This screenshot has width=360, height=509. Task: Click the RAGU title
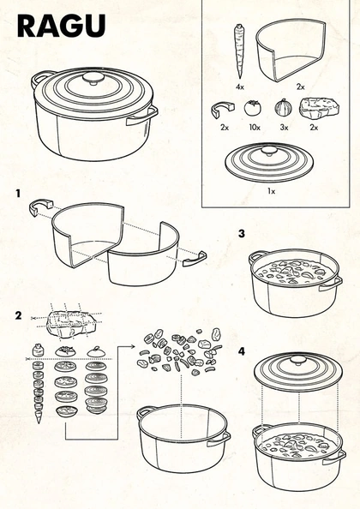[62, 26]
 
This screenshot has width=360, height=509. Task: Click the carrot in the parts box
[239, 51]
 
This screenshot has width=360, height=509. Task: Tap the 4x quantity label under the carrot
[240, 87]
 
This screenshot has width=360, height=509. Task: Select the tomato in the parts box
[252, 108]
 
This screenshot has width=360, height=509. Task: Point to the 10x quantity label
[255, 128]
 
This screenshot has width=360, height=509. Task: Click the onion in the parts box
[284, 107]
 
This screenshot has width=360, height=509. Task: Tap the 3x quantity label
[284, 127]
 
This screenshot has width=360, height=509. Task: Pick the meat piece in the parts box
[319, 109]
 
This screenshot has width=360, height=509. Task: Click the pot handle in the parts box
[223, 110]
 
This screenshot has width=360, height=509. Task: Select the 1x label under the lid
[272, 191]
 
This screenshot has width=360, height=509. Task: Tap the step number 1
[18, 194]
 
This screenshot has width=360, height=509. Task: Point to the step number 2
[19, 315]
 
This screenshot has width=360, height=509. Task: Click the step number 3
[242, 233]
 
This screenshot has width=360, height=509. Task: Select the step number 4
[242, 351]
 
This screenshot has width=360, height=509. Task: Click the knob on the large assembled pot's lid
[93, 78]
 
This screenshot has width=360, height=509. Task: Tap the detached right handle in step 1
[195, 259]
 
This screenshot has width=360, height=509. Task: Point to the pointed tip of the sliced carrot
[39, 422]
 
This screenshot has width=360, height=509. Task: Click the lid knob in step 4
[297, 360]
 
